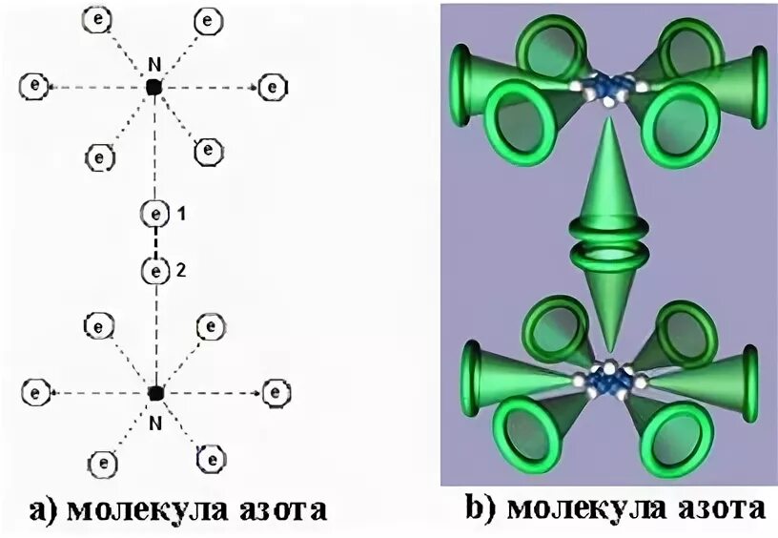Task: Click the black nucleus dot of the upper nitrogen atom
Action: pos(154,87)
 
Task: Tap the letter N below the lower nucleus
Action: pos(155,416)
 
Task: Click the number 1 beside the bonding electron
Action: pos(179,216)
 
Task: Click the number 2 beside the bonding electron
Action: pos(180,272)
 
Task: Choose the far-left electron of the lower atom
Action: pos(35,392)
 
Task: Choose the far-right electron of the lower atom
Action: pos(276,391)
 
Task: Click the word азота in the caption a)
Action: pos(276,508)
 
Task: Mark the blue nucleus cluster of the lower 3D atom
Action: pos(608,379)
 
